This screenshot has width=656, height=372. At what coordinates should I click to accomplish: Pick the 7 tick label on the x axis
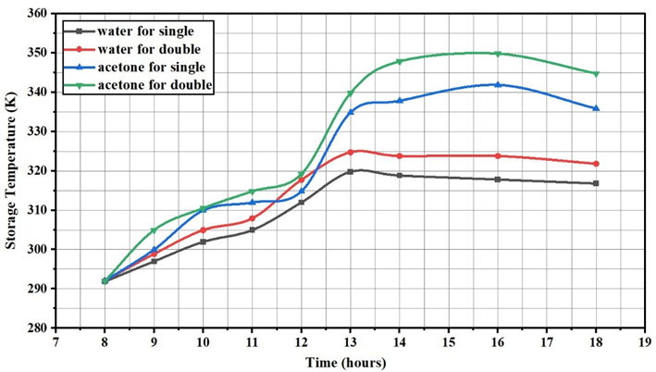pyautogui.click(x=56, y=341)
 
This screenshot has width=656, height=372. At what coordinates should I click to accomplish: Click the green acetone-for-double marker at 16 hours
pyautogui.click(x=498, y=54)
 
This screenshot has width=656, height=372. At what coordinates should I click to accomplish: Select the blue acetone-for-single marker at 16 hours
pyautogui.click(x=498, y=85)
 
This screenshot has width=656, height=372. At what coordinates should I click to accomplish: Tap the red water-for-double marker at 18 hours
pyautogui.click(x=596, y=164)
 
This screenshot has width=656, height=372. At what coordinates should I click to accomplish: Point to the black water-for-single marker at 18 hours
pyautogui.click(x=596, y=183)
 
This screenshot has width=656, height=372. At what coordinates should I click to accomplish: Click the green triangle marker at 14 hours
pyautogui.click(x=400, y=62)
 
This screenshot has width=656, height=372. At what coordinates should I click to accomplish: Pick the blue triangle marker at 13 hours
pyautogui.click(x=351, y=111)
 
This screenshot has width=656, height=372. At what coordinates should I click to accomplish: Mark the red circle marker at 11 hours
pyautogui.click(x=253, y=219)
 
